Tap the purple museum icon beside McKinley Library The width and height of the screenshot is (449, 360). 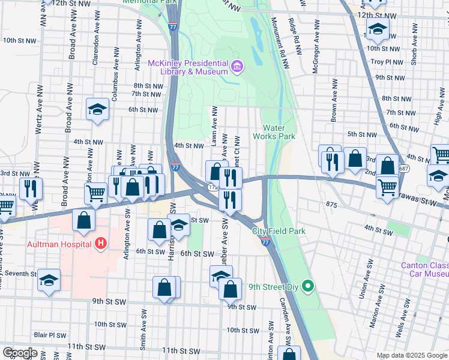pos(237,65)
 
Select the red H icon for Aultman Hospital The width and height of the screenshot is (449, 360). pos(101,244)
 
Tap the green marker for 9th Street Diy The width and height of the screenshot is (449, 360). pos(308,285)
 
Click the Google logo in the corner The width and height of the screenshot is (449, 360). pos(20,353)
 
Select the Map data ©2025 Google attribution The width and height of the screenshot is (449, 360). pos(411,355)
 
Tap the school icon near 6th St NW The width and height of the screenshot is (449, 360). pos(97,109)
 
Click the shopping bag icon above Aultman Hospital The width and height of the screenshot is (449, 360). pos(84,220)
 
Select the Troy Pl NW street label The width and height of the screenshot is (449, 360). pos(385,62)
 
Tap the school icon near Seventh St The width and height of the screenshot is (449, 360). pos(49,280)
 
